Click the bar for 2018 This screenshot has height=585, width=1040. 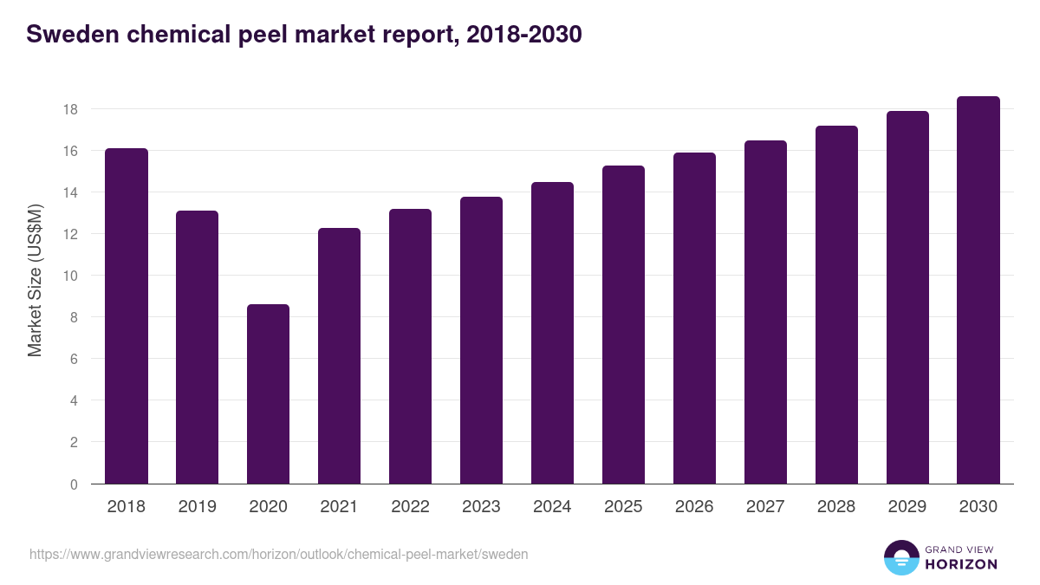click(x=127, y=316)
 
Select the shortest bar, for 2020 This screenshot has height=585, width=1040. click(x=269, y=394)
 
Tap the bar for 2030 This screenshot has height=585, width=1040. click(x=978, y=290)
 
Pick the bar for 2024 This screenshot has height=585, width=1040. click(x=553, y=334)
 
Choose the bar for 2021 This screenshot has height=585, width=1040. click(x=340, y=356)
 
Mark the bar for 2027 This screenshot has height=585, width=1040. click(x=765, y=312)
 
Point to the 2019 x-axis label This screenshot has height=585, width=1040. click(x=198, y=507)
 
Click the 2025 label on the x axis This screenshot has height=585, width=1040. click(x=623, y=507)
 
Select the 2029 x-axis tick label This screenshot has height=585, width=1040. click(x=907, y=507)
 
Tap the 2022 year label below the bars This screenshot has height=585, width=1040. click(x=410, y=507)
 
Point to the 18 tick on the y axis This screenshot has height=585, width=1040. click(x=70, y=109)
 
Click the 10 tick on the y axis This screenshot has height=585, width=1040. click(x=70, y=276)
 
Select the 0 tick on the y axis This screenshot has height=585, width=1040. click(x=74, y=484)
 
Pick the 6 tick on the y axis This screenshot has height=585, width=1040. click(x=74, y=359)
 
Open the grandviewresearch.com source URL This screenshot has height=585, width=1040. click(x=278, y=554)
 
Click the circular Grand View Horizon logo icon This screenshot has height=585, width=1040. click(x=900, y=557)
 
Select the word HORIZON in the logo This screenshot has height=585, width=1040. click(x=961, y=564)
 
